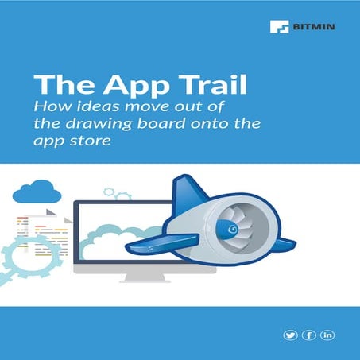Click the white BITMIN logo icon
click(277, 26)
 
